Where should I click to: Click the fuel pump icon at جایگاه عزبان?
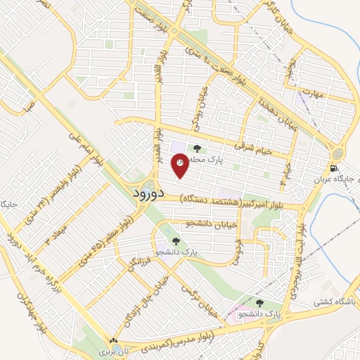coord(333,169)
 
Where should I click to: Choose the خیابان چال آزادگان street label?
coord(141,301)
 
